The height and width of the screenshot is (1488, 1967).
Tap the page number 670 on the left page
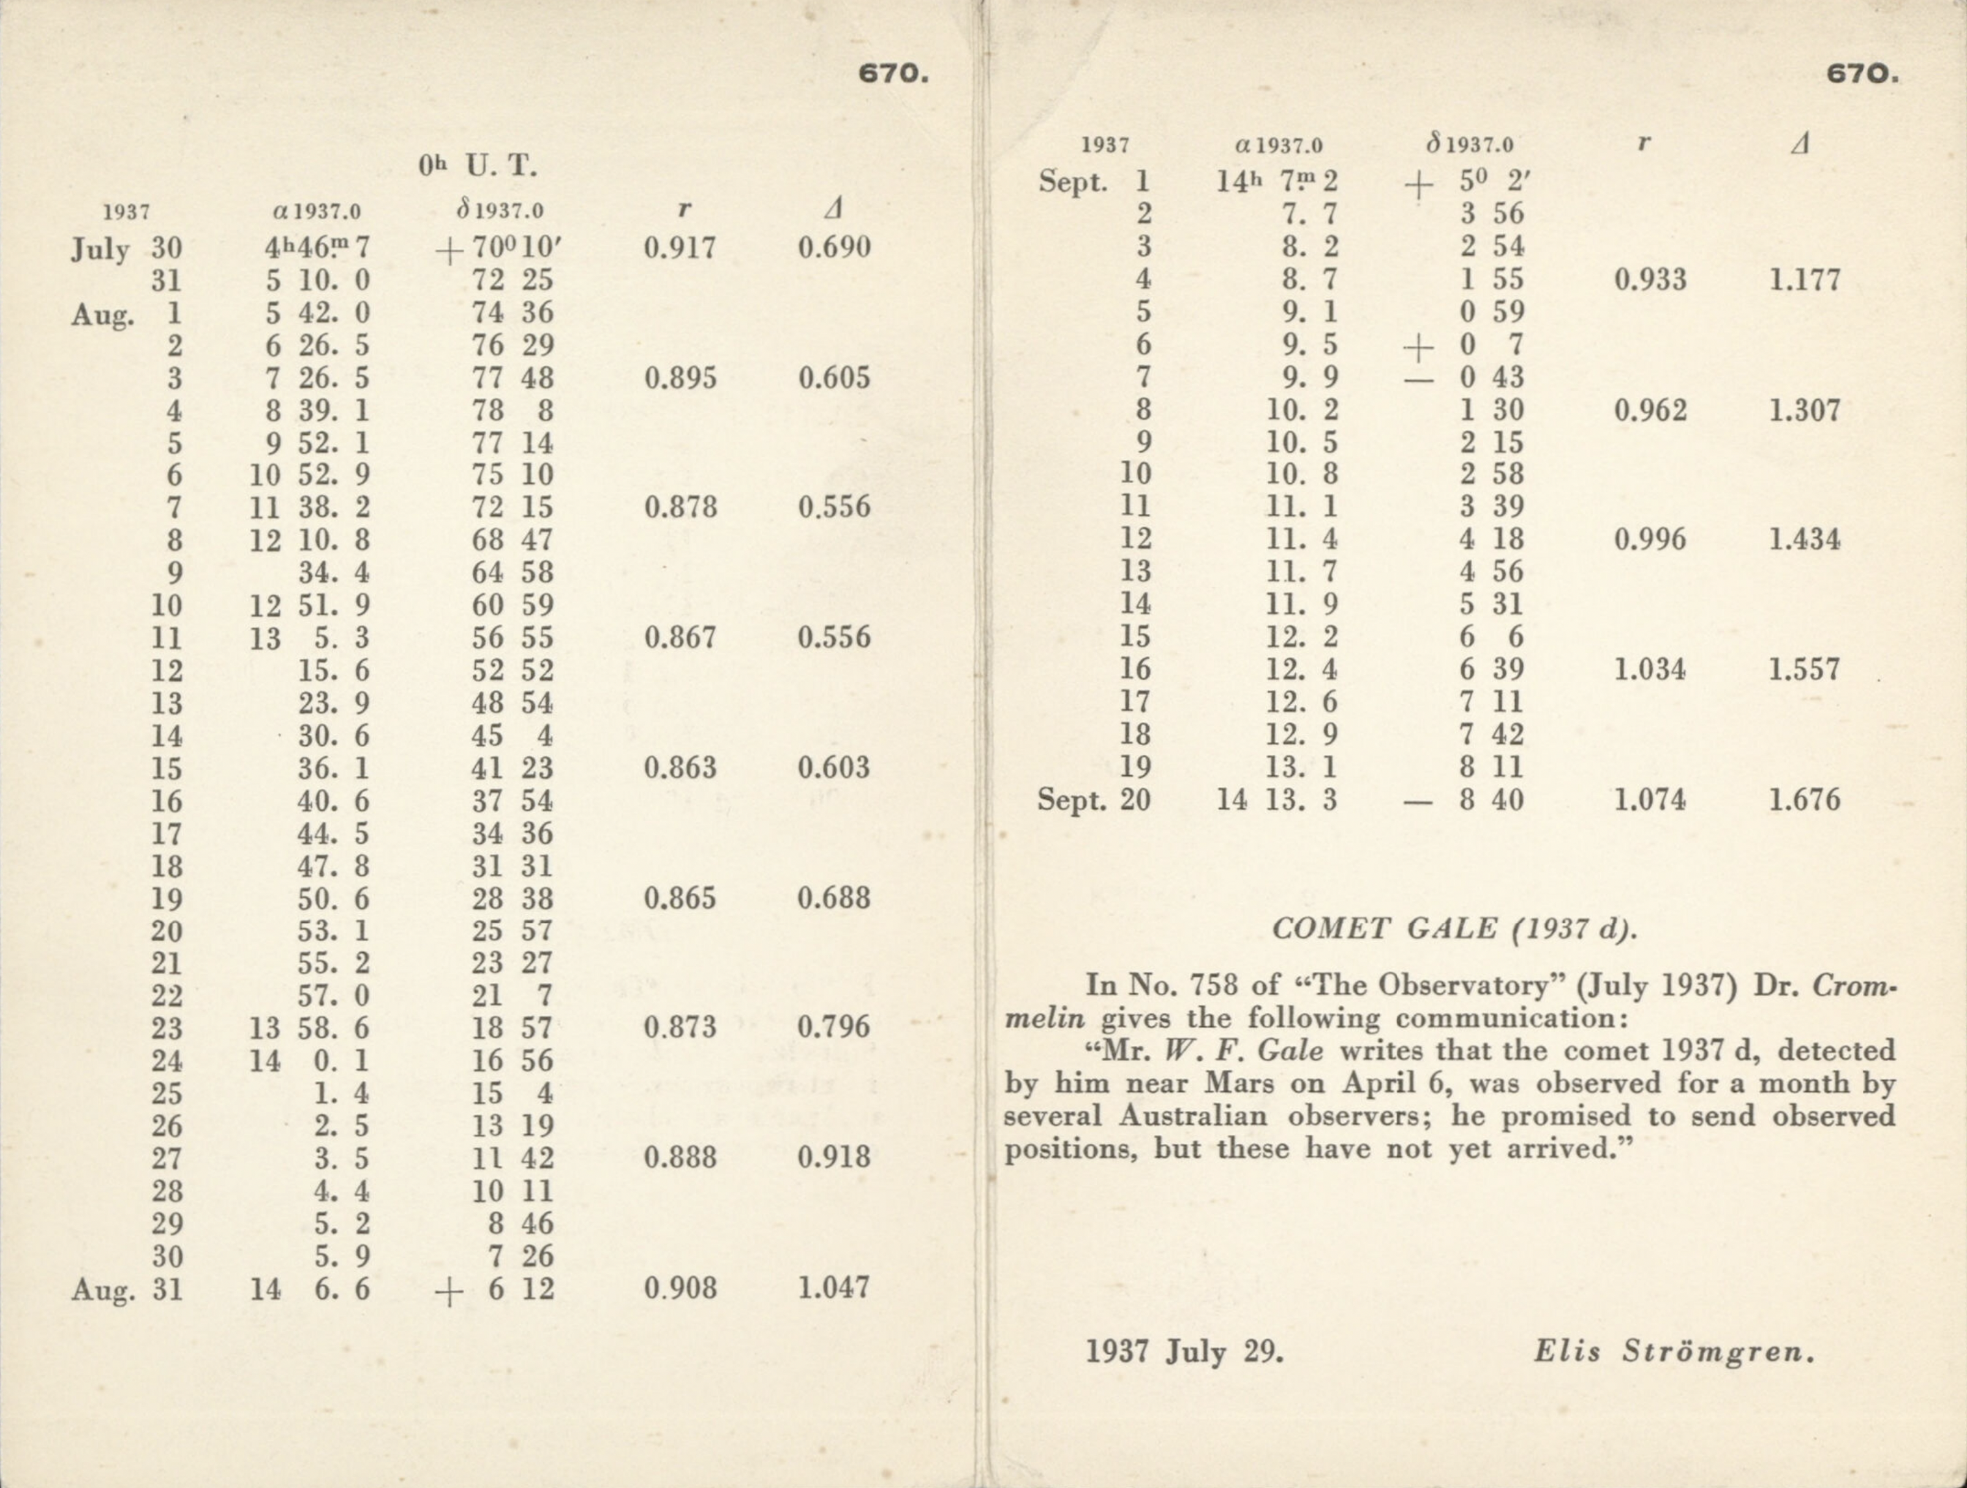[893, 74]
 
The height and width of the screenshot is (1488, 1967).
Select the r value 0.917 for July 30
[679, 247]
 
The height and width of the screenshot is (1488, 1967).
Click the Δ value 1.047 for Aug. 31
[833, 1287]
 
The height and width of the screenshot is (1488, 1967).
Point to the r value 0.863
[679, 767]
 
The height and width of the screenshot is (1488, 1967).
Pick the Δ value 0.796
[833, 1028]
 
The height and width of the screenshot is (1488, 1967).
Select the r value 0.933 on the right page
[1650, 280]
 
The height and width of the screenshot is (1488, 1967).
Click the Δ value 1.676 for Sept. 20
[1803, 800]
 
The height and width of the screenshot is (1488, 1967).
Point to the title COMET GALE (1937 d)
[1454, 928]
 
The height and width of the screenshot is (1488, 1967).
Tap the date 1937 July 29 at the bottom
[1184, 1352]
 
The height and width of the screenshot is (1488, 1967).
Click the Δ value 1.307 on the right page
[1803, 410]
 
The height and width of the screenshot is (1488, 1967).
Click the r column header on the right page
[1644, 143]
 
